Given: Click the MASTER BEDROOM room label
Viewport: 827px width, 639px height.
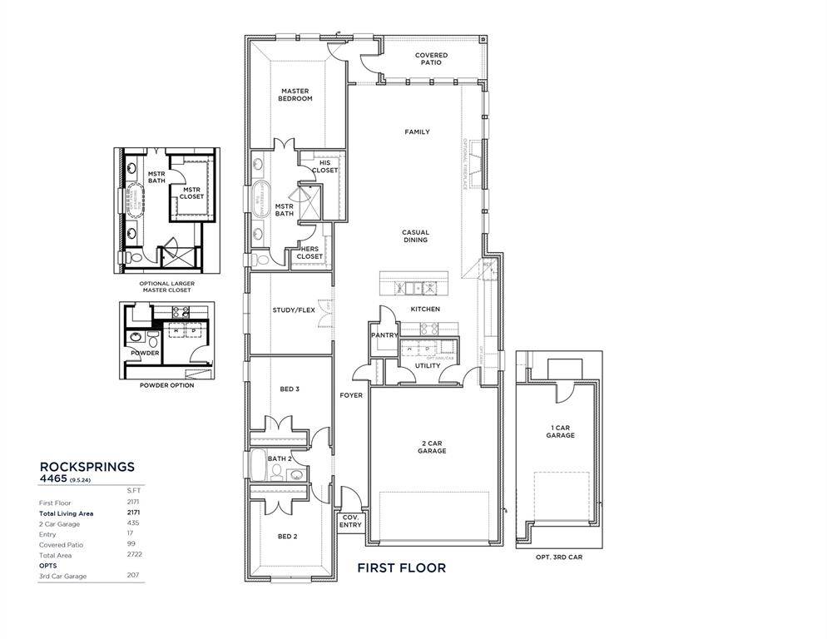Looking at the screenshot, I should (x=295, y=95).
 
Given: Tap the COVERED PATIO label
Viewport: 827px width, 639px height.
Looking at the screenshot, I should (x=431, y=59).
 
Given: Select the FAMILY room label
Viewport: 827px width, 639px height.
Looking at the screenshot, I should (x=417, y=132).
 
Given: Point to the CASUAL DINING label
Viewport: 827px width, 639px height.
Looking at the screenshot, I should (x=415, y=236).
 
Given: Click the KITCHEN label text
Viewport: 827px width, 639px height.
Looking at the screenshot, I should (x=424, y=310).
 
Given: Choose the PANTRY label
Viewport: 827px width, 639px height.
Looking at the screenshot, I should (x=384, y=335).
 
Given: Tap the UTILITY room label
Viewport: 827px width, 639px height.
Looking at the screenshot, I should (x=428, y=365).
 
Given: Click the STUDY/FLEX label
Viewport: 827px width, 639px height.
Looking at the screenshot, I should (x=294, y=310).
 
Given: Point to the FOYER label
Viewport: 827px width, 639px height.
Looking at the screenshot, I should (x=351, y=395).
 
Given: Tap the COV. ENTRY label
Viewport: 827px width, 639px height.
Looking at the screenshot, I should (x=351, y=521).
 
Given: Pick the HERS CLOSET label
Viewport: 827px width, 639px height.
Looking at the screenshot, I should (x=310, y=253).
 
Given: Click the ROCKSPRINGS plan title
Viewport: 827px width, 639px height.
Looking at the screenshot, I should (x=87, y=468).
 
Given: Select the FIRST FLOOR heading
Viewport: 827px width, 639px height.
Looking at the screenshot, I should (x=401, y=568).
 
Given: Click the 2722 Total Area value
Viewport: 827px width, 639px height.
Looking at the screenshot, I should (x=131, y=554).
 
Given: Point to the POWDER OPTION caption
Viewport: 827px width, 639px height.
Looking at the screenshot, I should (x=167, y=385).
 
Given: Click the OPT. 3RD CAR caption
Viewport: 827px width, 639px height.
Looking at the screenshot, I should (x=559, y=557).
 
